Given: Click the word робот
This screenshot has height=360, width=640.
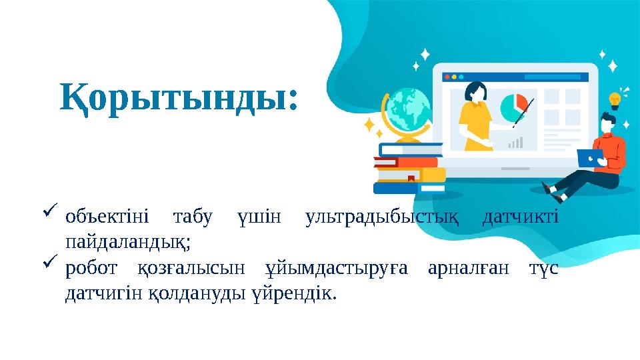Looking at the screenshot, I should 92,268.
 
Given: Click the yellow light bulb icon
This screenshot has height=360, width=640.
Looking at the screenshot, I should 614,101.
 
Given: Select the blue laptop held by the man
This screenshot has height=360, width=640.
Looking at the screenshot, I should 590,157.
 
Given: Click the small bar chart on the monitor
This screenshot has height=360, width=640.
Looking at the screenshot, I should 515,142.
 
